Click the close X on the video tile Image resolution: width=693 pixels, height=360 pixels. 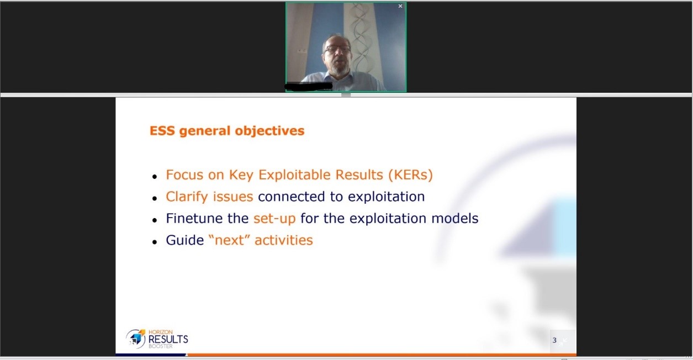click(400, 6)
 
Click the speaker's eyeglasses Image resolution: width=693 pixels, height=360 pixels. click(337, 49)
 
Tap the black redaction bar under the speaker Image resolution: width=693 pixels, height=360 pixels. click(309, 86)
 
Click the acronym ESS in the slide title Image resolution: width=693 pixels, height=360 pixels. click(162, 130)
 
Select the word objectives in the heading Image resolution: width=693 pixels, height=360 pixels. click(269, 131)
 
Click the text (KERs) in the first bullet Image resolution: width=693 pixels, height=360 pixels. click(410, 175)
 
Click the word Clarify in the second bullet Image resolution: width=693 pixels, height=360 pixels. click(187, 197)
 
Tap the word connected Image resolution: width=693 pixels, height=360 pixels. click(292, 197)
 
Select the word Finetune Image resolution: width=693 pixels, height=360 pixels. click(194, 218)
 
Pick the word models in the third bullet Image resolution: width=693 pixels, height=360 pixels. click(455, 218)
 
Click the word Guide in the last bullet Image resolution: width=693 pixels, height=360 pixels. click(184, 240)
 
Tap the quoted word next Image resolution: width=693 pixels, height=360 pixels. click(229, 240)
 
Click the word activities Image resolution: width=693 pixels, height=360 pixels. click(284, 240)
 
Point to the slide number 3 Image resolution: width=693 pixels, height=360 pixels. click(554, 341)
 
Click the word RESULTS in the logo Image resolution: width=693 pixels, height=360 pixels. click(168, 339)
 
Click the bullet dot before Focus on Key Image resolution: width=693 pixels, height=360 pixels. click(155, 177)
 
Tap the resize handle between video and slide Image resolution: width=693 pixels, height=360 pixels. click(346, 94)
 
